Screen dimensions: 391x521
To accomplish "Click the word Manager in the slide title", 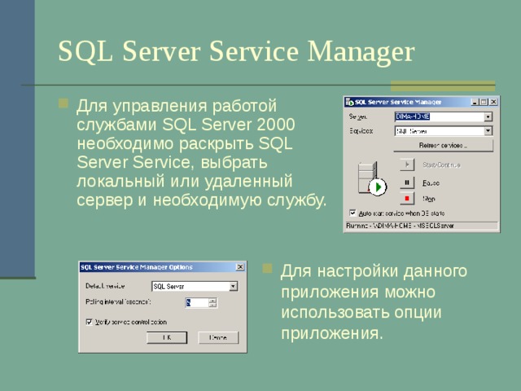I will click(360, 51).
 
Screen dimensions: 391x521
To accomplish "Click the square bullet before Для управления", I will click(63, 104).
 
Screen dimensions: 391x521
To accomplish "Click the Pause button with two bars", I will click(407, 182).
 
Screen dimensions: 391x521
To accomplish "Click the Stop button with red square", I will click(407, 198).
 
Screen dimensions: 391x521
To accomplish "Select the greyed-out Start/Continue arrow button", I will click(407, 165).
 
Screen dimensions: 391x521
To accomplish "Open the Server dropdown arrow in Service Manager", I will click(488, 116).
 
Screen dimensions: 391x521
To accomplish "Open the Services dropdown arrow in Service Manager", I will click(488, 130).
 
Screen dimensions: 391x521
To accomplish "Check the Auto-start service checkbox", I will click(352, 213).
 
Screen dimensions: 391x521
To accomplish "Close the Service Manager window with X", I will click(493, 102).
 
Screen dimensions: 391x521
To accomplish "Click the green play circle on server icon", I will click(377, 187).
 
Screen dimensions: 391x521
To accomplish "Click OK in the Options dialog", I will click(167, 336).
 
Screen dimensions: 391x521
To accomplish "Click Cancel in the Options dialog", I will click(217, 336).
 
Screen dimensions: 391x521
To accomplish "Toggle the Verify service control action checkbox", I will click(89, 321).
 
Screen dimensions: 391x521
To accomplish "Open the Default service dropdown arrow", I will click(233, 286).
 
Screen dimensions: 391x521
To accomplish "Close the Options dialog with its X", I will click(239, 266).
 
